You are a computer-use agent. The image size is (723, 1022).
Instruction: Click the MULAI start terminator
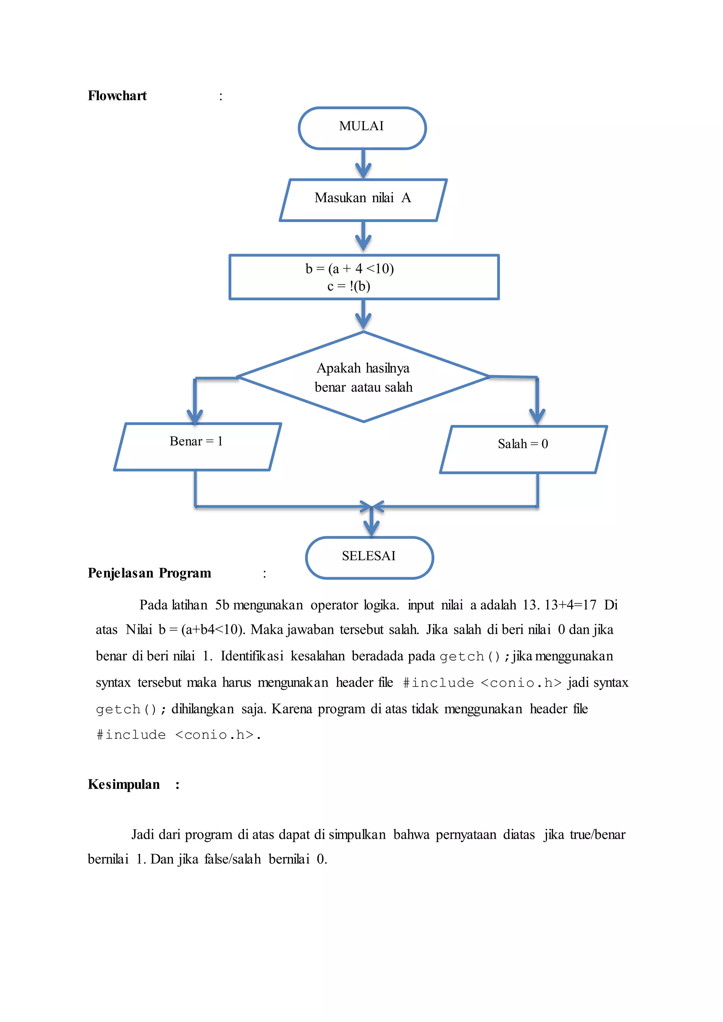pos(362,128)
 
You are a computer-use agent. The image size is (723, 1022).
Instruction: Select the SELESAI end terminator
pos(369,557)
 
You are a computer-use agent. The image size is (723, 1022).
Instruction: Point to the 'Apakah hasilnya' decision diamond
pos(363,377)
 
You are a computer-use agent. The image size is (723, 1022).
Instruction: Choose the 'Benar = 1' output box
pos(197,446)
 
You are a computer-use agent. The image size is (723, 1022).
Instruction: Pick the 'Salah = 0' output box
pos(523,449)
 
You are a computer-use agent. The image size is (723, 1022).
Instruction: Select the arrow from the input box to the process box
pos(363,237)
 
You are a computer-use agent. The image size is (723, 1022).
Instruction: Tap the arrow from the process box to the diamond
pos(363,315)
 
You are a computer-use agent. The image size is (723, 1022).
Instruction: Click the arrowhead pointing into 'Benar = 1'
pos(195,416)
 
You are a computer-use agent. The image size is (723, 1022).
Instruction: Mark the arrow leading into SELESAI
pos(371,523)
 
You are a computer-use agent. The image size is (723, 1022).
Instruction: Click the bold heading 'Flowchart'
pos(117,96)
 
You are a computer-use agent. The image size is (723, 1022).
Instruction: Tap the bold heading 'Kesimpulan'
pos(124,784)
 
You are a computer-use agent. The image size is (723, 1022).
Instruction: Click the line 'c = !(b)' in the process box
pos(348,286)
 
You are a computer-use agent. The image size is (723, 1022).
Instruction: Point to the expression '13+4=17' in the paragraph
pos(570,605)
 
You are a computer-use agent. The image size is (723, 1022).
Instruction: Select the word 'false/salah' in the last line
pos(232,859)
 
